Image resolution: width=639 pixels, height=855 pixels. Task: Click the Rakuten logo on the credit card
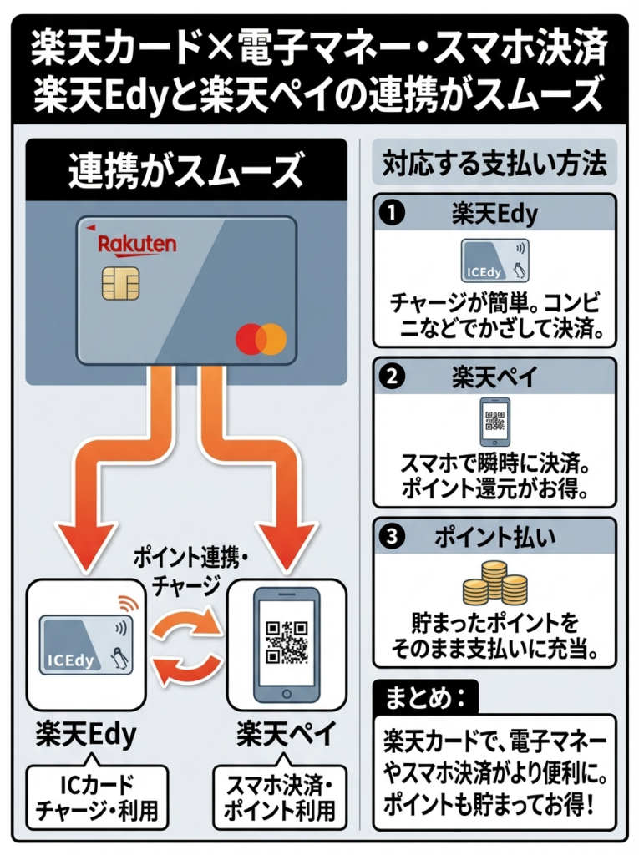pyautogui.click(x=137, y=244)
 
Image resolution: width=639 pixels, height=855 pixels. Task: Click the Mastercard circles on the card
pyautogui.click(x=261, y=338)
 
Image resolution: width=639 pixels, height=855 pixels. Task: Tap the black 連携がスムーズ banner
pyautogui.click(x=185, y=170)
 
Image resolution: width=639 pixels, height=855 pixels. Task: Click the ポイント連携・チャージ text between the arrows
pyautogui.click(x=185, y=567)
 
